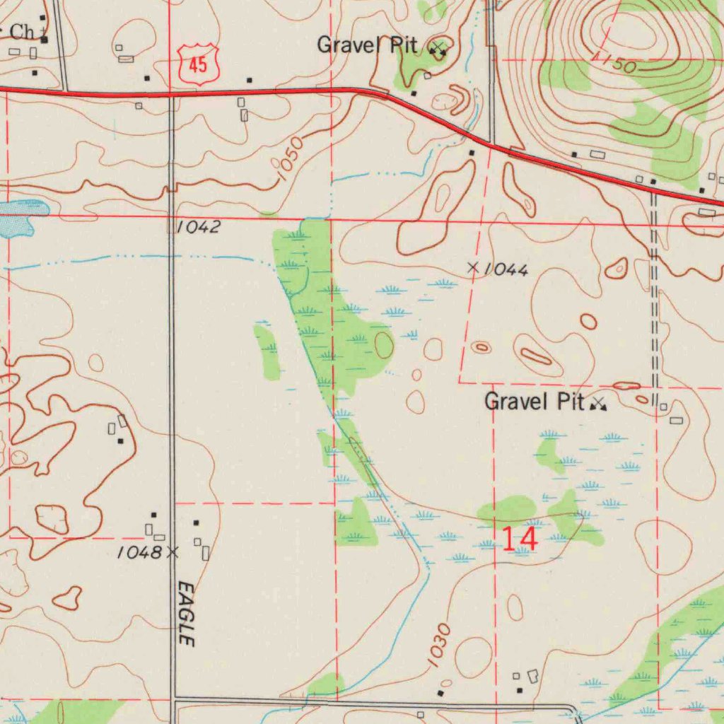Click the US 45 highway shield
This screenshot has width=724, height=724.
click(198, 64)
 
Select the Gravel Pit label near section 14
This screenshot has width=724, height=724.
click(534, 402)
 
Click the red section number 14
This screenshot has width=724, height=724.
click(520, 538)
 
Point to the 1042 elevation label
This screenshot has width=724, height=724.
click(199, 227)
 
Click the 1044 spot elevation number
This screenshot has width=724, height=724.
click(507, 269)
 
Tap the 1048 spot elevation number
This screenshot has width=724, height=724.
click(139, 552)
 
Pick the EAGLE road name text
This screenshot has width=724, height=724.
click(186, 613)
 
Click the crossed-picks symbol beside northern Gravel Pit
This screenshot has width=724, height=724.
click(438, 49)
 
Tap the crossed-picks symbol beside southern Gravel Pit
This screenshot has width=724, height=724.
click(599, 404)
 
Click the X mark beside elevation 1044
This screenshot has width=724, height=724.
click(474, 267)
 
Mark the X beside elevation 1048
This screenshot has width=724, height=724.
click(172, 551)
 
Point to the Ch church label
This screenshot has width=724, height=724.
click(21, 32)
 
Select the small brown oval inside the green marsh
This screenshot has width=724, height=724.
click(384, 344)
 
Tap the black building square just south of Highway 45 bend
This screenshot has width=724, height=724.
click(472, 152)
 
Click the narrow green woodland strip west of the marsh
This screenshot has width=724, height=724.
click(267, 351)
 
